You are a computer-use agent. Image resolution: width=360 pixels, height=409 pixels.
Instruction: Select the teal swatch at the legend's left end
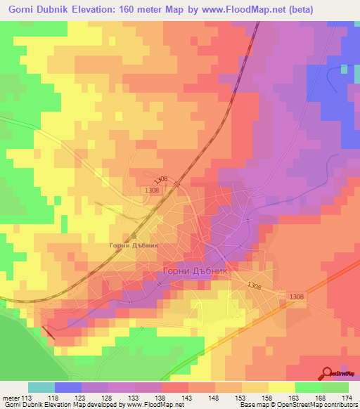[x=41, y=387]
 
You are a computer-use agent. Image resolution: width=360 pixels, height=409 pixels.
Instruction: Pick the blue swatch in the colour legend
[x=68, y=387]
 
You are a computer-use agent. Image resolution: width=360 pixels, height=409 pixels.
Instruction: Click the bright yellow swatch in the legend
[x=281, y=387]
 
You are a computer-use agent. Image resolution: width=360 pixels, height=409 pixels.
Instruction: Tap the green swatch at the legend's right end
[x=335, y=387]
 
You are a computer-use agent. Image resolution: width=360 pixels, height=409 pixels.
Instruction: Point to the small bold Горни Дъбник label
[x=132, y=245]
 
